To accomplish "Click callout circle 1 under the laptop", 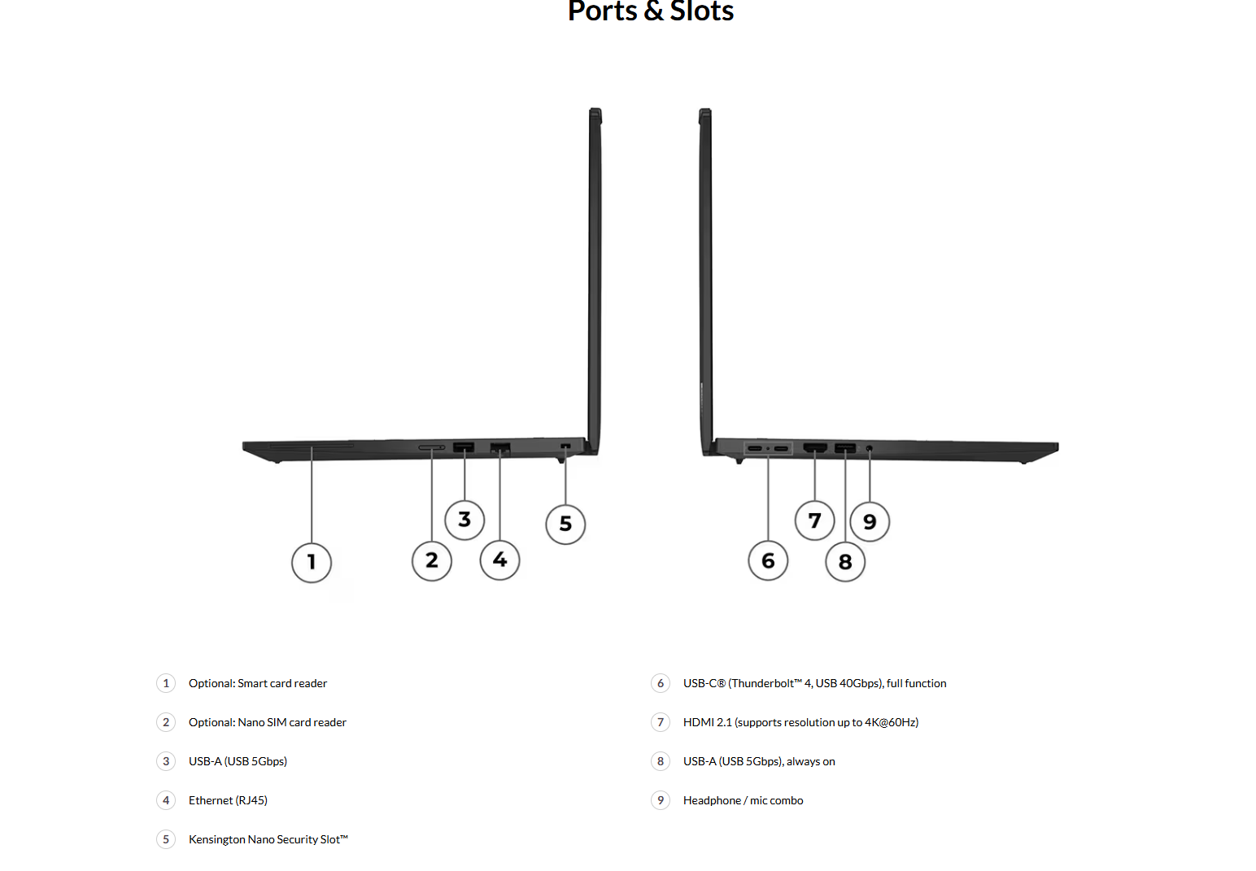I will point(312,562).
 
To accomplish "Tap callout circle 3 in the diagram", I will point(464,520).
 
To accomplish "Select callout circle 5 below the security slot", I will point(565,524).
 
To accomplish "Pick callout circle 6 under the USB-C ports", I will point(768,561).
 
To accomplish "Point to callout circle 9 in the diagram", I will point(870,521).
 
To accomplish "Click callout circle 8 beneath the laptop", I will point(845,562).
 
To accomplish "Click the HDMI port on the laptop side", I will point(815,448).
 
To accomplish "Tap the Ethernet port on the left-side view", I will point(500,447).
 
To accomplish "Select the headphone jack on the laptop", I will point(870,448).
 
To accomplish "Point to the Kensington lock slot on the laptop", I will point(566,446).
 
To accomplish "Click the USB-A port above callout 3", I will point(464,447).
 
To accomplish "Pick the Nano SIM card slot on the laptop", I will point(431,447).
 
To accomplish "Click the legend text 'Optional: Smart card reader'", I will point(258,683).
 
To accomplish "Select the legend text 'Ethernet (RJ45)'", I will point(228,800).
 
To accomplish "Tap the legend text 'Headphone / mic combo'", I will point(743,800).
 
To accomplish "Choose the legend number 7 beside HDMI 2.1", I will point(661,722).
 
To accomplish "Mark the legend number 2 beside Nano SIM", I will point(166,722).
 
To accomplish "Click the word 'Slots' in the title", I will point(701,11).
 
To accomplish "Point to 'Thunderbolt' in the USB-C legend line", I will point(762,683).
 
